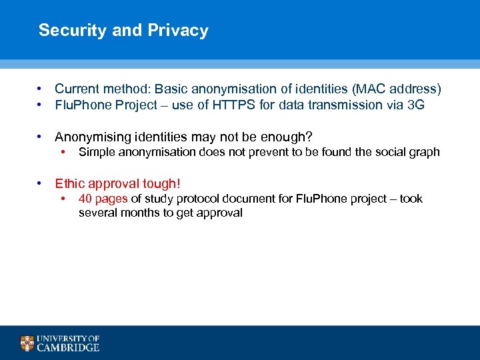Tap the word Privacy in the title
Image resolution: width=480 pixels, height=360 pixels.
coord(178,31)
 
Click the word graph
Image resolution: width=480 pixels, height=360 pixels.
coord(424,152)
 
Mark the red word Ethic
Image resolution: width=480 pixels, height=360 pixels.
coord(69,183)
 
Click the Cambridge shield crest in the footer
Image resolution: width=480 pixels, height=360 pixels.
coord(27,343)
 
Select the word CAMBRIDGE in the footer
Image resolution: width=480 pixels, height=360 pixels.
coord(69,347)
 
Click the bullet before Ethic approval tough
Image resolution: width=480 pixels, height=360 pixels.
coord(41,183)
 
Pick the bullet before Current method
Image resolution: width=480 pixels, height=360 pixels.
coord(41,89)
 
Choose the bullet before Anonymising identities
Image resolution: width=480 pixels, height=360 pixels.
coord(41,137)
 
